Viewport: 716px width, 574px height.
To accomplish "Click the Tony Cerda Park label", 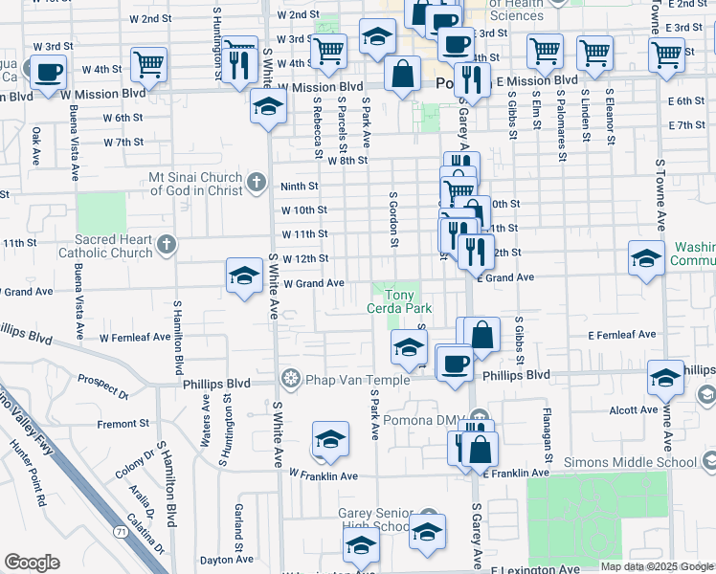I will pyautogui.click(x=399, y=301).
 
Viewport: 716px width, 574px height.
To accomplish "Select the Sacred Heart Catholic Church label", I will pyautogui.click(x=105, y=248).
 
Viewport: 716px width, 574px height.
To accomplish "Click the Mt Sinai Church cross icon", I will pyautogui.click(x=256, y=182).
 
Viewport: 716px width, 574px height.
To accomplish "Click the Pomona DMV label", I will pyautogui.click(x=421, y=420).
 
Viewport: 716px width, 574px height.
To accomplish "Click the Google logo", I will pyautogui.click(x=32, y=563).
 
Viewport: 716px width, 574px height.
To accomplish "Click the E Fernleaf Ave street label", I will pyautogui.click(x=622, y=335).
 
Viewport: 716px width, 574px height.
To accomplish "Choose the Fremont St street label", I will pyautogui.click(x=123, y=423).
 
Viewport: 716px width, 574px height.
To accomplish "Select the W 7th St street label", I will pyautogui.click(x=123, y=143).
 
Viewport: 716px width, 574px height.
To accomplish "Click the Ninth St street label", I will pyautogui.click(x=299, y=187).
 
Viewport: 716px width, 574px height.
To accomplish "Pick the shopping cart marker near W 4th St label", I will pyautogui.click(x=149, y=65).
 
